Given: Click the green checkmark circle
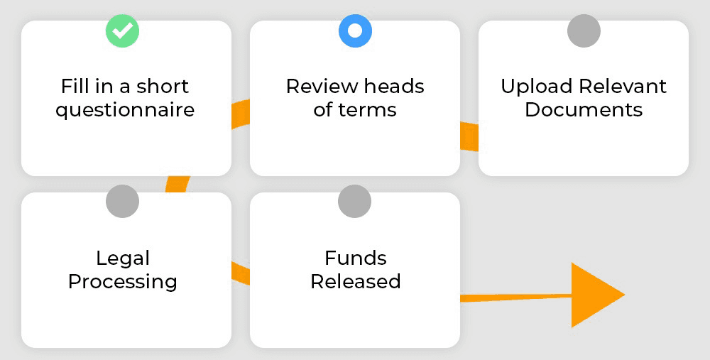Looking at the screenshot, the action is tap(122, 31).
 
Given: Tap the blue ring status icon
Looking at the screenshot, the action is tap(356, 31).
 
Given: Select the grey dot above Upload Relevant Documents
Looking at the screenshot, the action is tap(584, 31).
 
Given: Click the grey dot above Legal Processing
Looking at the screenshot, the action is tap(122, 202).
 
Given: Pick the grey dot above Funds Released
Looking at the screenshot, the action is tap(354, 202).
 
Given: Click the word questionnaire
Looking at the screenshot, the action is tap(125, 110).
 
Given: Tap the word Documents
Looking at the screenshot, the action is tap(584, 110).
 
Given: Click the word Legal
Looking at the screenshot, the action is tap(123, 259).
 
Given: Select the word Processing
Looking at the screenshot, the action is tap(123, 283).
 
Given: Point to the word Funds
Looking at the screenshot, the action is tap(356, 258).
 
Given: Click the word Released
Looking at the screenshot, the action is tap(356, 281).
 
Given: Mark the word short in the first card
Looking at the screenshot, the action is tap(163, 86).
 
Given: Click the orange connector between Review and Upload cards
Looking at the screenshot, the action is tap(469, 136).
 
